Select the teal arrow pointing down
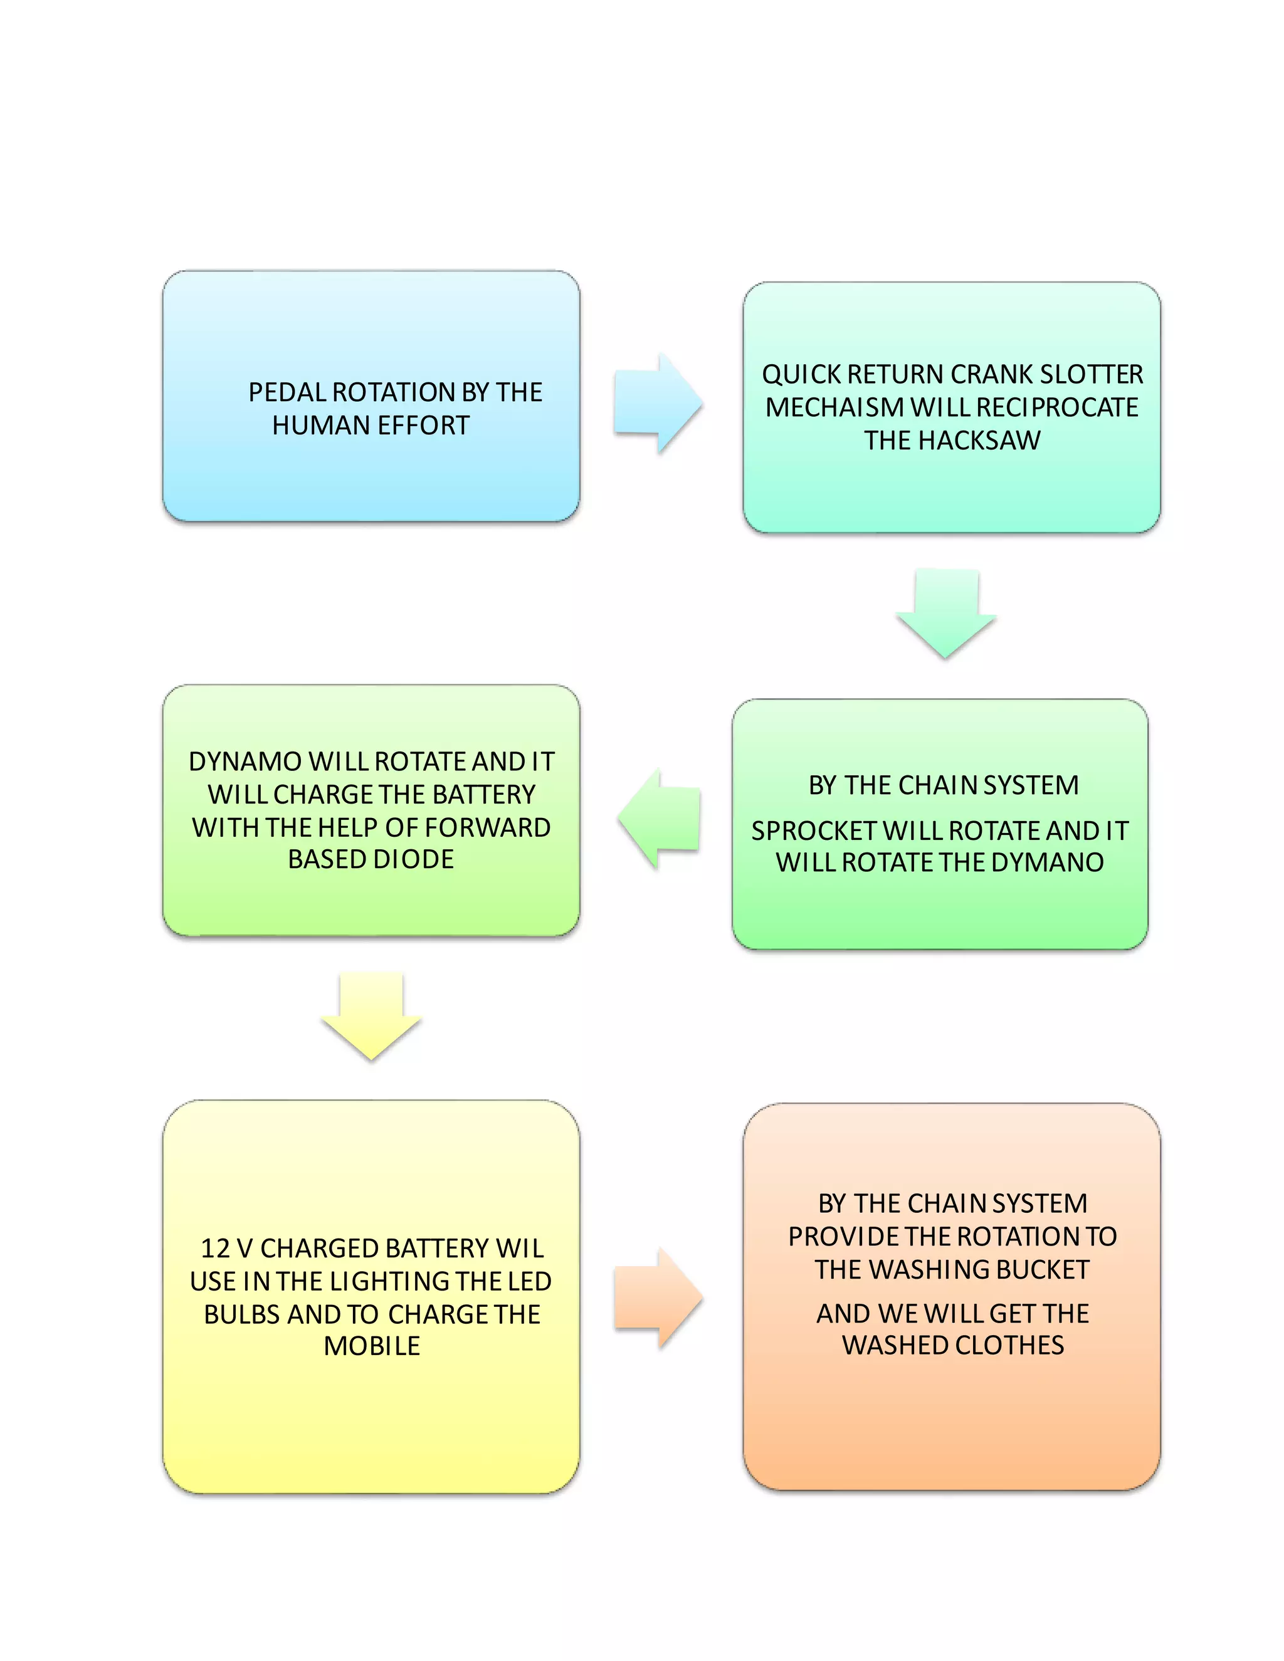tap(945, 613)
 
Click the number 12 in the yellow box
tap(215, 1248)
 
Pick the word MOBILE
tap(372, 1346)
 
